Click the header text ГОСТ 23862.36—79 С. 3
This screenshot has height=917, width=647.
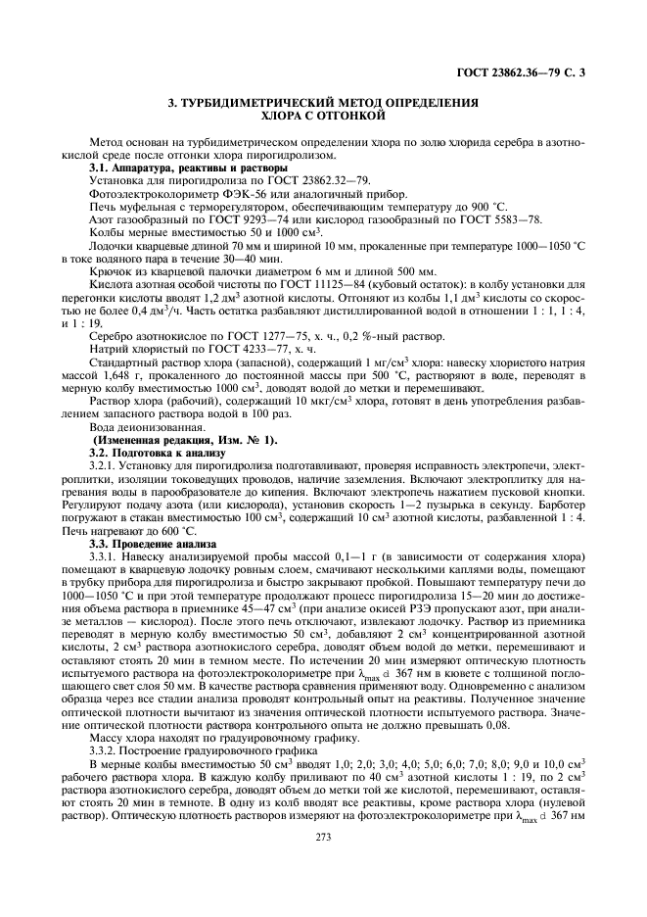coord(527,72)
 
